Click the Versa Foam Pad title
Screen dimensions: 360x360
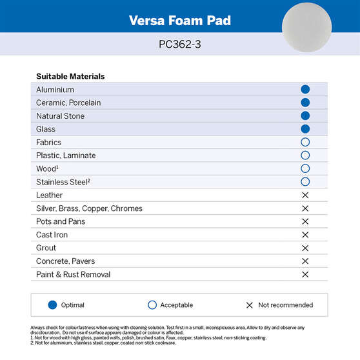[179, 20]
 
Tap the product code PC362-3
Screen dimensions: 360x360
[179, 45]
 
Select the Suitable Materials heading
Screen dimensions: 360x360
[70, 76]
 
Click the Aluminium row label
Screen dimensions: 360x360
[55, 90]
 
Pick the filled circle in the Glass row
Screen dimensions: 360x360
[305, 129]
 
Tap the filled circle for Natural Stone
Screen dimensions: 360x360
[305, 116]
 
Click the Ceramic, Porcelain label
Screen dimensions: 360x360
[68, 103]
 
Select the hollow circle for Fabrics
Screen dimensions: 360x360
[305, 143]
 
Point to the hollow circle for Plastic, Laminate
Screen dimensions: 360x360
[305, 155]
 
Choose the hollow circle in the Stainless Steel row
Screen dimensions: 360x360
[305, 182]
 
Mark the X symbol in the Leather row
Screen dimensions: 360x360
[305, 195]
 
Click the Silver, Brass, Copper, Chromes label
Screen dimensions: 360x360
[89, 208]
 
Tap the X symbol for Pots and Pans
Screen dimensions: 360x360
[305, 222]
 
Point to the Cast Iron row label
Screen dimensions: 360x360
[52, 235]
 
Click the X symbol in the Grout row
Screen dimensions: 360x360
[305, 248]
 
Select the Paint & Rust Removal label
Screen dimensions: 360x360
[73, 274]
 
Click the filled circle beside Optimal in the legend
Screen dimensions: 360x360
[53, 305]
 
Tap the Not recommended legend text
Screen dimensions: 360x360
[285, 305]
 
